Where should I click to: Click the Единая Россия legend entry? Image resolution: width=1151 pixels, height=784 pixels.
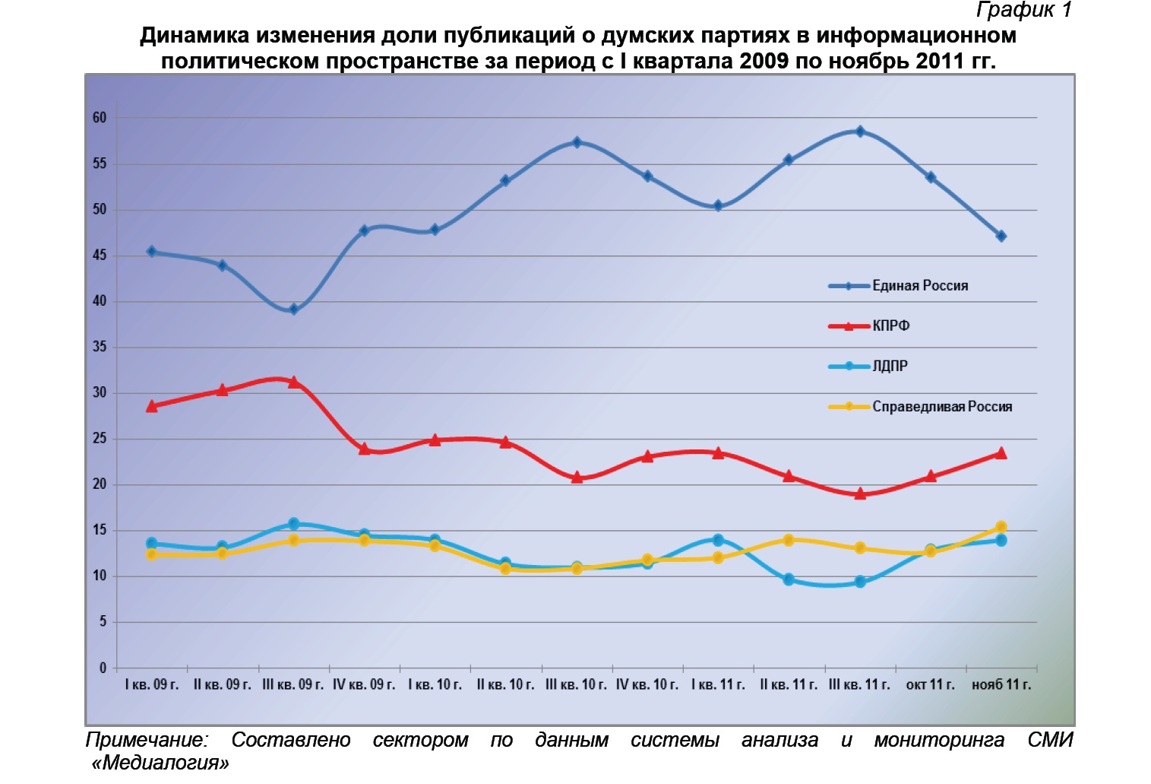[919, 286]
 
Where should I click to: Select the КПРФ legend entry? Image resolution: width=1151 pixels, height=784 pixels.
[890, 326]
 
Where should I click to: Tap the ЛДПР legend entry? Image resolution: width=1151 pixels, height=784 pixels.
[890, 367]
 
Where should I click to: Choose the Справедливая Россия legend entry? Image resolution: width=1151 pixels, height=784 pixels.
[941, 407]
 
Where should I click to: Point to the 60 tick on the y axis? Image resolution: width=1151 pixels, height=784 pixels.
[100, 118]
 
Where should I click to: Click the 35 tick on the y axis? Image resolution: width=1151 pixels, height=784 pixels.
[100, 348]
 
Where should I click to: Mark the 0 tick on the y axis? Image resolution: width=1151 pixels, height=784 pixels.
[103, 668]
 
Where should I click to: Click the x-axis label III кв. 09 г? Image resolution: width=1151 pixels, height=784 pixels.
[292, 685]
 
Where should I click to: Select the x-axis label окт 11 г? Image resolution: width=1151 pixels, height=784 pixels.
[930, 685]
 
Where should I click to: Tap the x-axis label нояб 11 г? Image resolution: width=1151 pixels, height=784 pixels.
[1001, 685]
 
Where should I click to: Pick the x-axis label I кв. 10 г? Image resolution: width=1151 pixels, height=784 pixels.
[435, 685]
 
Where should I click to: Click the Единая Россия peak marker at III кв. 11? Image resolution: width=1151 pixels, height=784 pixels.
[860, 132]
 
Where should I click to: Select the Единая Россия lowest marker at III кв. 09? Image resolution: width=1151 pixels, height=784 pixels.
[293, 309]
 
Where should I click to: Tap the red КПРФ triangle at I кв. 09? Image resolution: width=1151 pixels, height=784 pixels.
[152, 407]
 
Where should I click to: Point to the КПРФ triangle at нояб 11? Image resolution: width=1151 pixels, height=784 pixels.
[1001, 453]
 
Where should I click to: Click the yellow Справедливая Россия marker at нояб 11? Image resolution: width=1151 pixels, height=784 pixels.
[1001, 527]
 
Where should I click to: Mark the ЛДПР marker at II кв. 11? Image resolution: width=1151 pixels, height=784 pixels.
[789, 579]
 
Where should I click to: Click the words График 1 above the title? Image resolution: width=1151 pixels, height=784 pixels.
[1023, 10]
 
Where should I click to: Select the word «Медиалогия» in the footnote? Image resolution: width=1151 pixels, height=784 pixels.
[160, 763]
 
